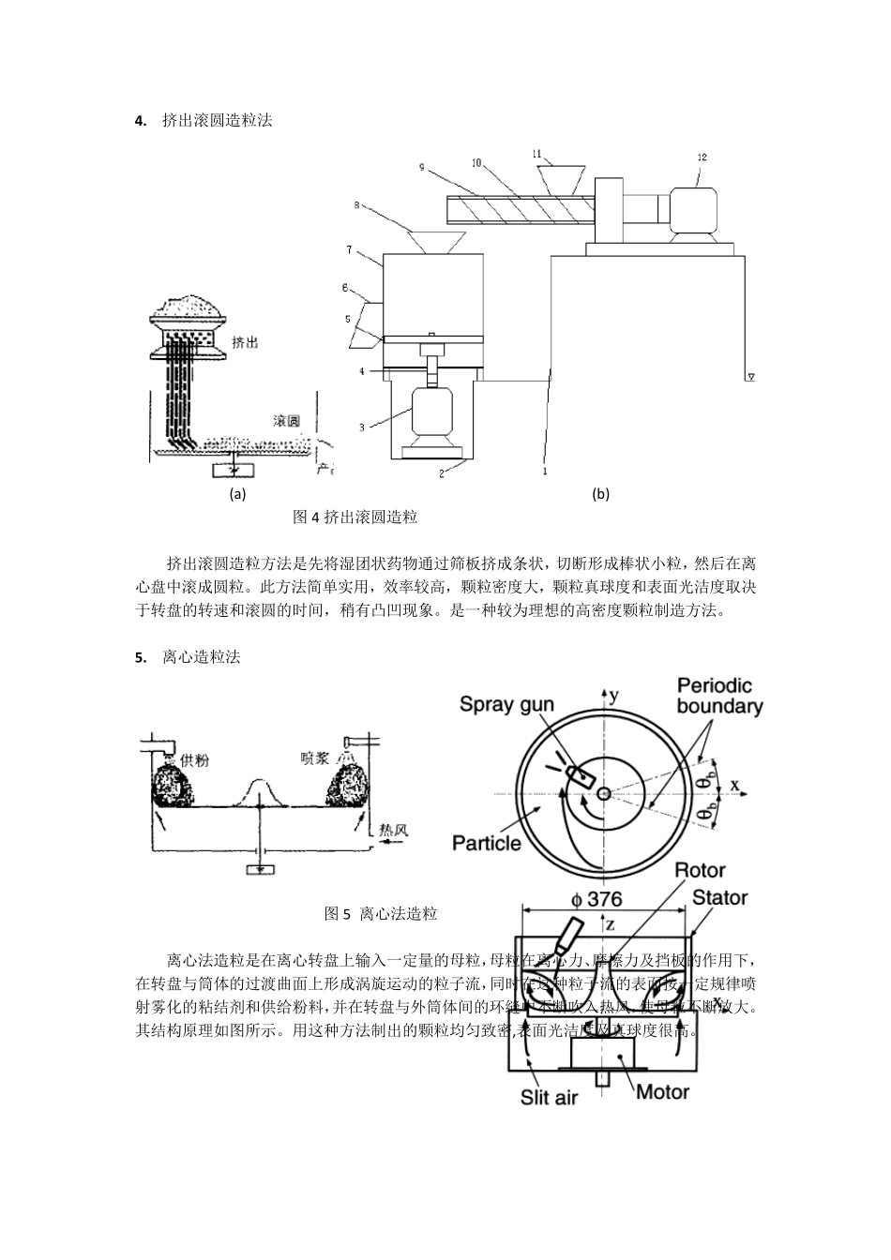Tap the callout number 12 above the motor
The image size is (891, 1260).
[x=702, y=157]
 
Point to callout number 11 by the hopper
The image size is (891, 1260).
[x=536, y=152]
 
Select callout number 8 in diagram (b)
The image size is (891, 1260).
[x=357, y=203]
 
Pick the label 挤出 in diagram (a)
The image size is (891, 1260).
[x=245, y=343]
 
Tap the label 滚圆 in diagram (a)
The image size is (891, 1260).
[x=287, y=421]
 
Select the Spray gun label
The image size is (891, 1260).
[x=506, y=705]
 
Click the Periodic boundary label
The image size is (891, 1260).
[x=718, y=697]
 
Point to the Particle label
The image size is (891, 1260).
[x=486, y=843]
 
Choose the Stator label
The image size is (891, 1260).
[x=719, y=898]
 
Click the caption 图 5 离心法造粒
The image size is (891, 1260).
[x=380, y=913]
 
